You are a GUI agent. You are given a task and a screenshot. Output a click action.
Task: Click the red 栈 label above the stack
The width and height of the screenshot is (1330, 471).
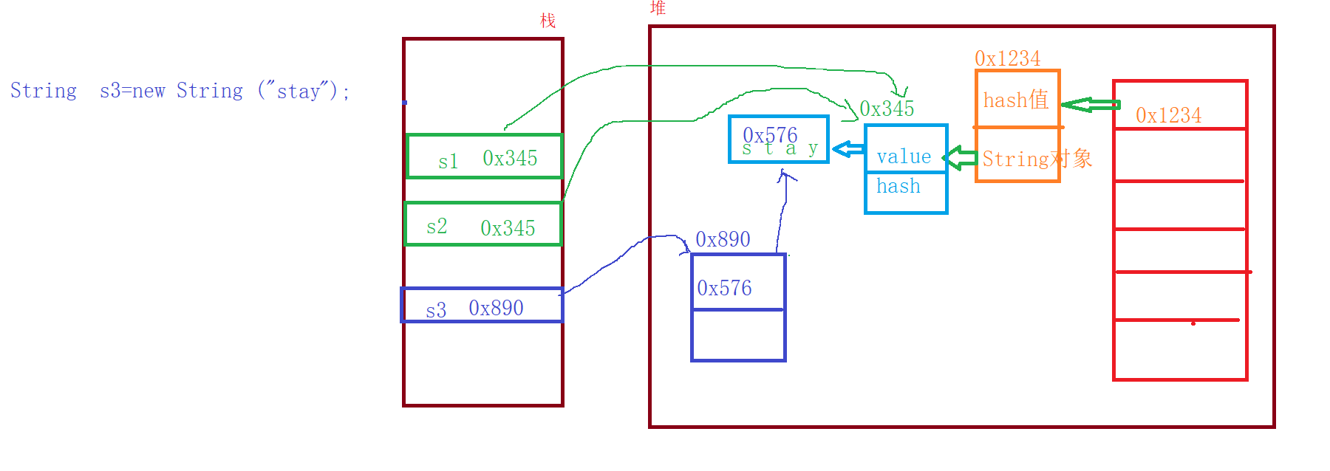(x=548, y=21)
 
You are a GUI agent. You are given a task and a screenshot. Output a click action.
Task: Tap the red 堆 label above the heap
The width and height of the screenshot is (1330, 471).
(x=658, y=8)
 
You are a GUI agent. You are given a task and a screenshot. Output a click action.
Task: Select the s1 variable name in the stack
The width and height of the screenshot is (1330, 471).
(x=448, y=162)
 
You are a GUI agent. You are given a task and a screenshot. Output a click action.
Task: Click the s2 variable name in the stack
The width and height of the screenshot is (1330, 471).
(x=437, y=226)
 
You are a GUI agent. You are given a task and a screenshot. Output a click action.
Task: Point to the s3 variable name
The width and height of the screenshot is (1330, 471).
(x=436, y=310)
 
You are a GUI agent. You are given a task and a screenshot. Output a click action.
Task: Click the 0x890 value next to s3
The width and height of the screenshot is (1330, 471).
(x=496, y=308)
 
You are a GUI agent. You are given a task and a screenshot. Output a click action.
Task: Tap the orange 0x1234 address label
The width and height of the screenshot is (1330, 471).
(x=1007, y=58)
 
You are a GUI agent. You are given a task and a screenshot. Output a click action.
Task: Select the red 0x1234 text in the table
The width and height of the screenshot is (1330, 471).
(x=1168, y=115)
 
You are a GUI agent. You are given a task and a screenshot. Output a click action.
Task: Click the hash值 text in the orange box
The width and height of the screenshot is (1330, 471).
(x=1015, y=100)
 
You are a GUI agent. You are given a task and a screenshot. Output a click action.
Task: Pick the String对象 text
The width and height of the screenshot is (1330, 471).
(x=1037, y=159)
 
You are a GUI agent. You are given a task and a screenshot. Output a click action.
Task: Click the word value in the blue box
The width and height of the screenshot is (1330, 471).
(x=904, y=157)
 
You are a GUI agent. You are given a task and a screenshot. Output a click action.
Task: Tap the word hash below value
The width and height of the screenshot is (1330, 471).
(x=898, y=186)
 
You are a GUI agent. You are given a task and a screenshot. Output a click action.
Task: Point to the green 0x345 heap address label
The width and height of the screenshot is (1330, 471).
(x=887, y=109)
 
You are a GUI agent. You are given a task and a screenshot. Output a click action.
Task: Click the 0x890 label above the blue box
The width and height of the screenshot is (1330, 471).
(x=723, y=239)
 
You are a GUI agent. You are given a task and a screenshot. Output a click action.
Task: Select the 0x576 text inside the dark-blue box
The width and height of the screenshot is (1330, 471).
(x=724, y=288)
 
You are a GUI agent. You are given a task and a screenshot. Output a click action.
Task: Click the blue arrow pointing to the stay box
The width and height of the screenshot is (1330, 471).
(x=848, y=149)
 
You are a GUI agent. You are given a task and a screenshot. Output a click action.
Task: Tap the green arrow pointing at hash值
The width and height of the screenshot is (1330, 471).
(x=1089, y=105)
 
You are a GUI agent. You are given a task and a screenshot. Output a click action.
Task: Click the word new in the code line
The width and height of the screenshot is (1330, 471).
(x=149, y=91)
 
